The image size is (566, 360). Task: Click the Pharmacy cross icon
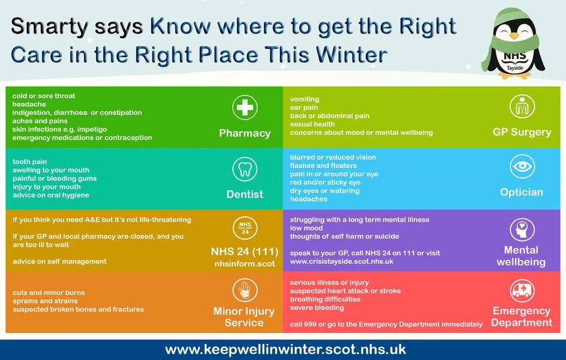[x=244, y=107]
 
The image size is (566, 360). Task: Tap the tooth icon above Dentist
[x=244, y=168]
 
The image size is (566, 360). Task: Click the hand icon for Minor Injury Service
[x=244, y=290]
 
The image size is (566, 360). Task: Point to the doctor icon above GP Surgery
[x=522, y=106]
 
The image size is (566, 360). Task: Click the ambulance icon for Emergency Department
[x=522, y=290]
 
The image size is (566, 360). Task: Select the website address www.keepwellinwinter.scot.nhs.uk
[x=285, y=350]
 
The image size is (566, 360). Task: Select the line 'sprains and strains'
[x=44, y=301]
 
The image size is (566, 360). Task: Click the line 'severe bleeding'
[x=317, y=308]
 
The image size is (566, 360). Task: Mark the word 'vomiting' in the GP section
[x=305, y=99]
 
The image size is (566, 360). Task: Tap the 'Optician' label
[x=522, y=192]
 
